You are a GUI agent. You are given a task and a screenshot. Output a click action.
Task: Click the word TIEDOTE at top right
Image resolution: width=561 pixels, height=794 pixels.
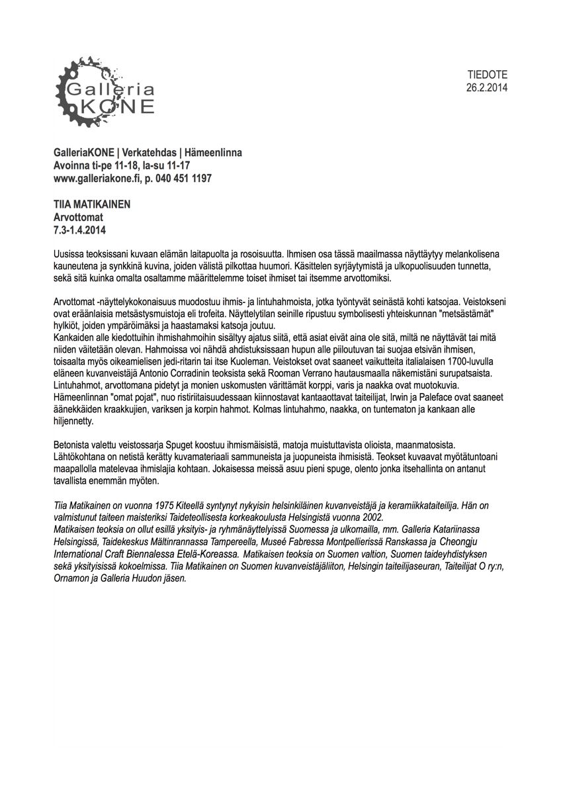[x=488, y=75]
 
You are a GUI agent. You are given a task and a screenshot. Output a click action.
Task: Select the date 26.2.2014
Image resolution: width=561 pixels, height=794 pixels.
[x=486, y=87]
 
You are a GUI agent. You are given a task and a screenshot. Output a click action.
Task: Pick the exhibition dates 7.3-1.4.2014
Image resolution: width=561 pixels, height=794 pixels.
[x=79, y=230]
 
